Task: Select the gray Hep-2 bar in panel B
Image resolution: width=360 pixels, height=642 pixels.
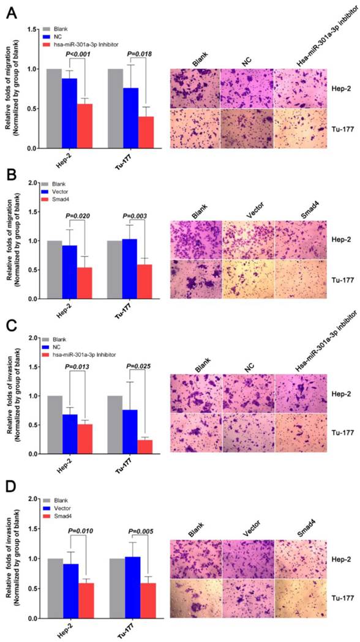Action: point(54,270)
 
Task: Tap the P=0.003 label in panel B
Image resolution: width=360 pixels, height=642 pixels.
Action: point(139,215)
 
